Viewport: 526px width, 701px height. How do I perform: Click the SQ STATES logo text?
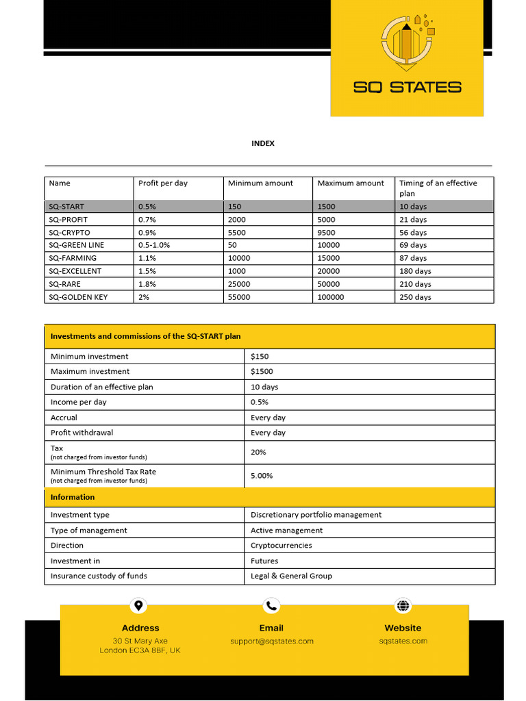coord(407,87)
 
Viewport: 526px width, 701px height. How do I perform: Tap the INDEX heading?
coord(263,143)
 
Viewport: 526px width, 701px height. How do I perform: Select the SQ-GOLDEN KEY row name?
coord(78,297)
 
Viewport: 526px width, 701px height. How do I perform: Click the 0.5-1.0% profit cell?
coord(154,245)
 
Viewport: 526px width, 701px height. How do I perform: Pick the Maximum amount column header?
coord(351,183)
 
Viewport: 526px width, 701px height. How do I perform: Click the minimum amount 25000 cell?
coord(239,284)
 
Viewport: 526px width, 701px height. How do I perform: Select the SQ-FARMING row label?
coord(73,258)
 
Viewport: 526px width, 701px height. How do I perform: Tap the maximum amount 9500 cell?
coord(327,232)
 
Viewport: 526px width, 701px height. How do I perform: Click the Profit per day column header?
coord(163,183)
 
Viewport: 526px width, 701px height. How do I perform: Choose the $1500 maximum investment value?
coord(262,372)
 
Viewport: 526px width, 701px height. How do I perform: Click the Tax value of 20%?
coord(258,453)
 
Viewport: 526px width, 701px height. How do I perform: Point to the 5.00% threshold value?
coord(262,476)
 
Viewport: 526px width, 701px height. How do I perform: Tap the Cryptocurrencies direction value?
coord(281,546)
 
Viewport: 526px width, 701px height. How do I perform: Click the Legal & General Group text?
coord(291,576)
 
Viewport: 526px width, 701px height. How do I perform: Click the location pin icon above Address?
coord(139,606)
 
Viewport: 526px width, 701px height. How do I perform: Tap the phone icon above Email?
coord(271,606)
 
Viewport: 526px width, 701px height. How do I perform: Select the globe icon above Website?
coord(403,606)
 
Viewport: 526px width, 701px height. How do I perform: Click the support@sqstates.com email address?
coord(271,641)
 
